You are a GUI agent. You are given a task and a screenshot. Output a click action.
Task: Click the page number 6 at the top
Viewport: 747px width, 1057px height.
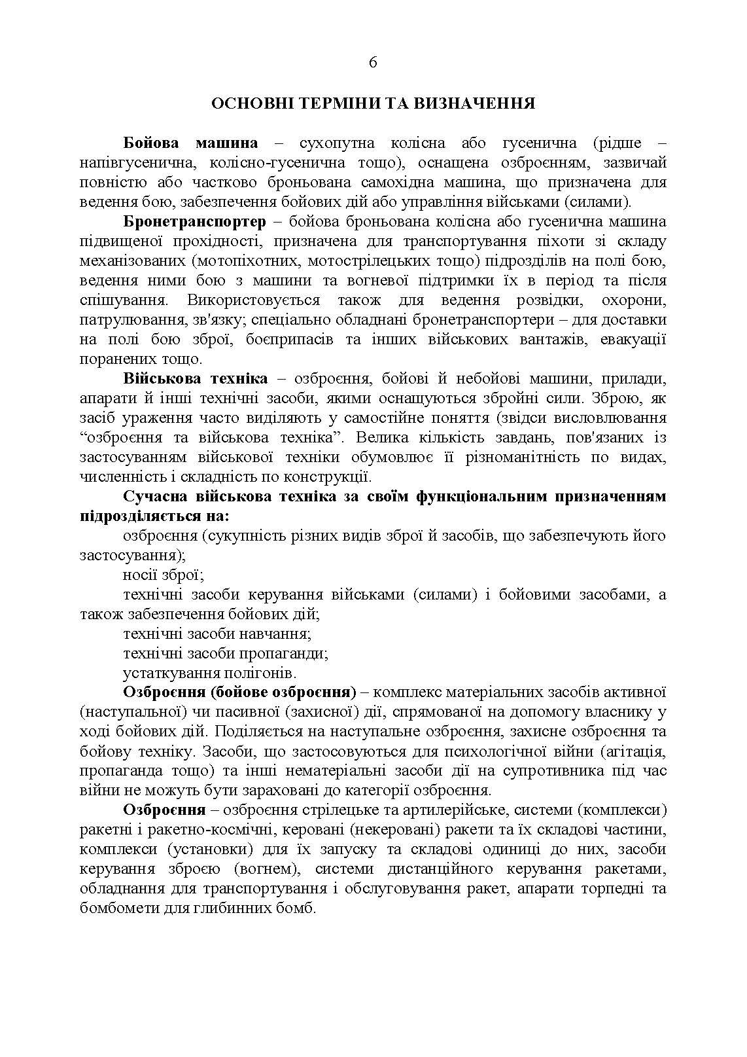tap(373, 63)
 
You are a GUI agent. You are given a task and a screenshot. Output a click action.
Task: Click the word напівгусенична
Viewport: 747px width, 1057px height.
tap(128, 163)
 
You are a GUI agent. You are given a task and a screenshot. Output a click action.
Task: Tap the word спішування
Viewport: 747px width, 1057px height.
tap(121, 300)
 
